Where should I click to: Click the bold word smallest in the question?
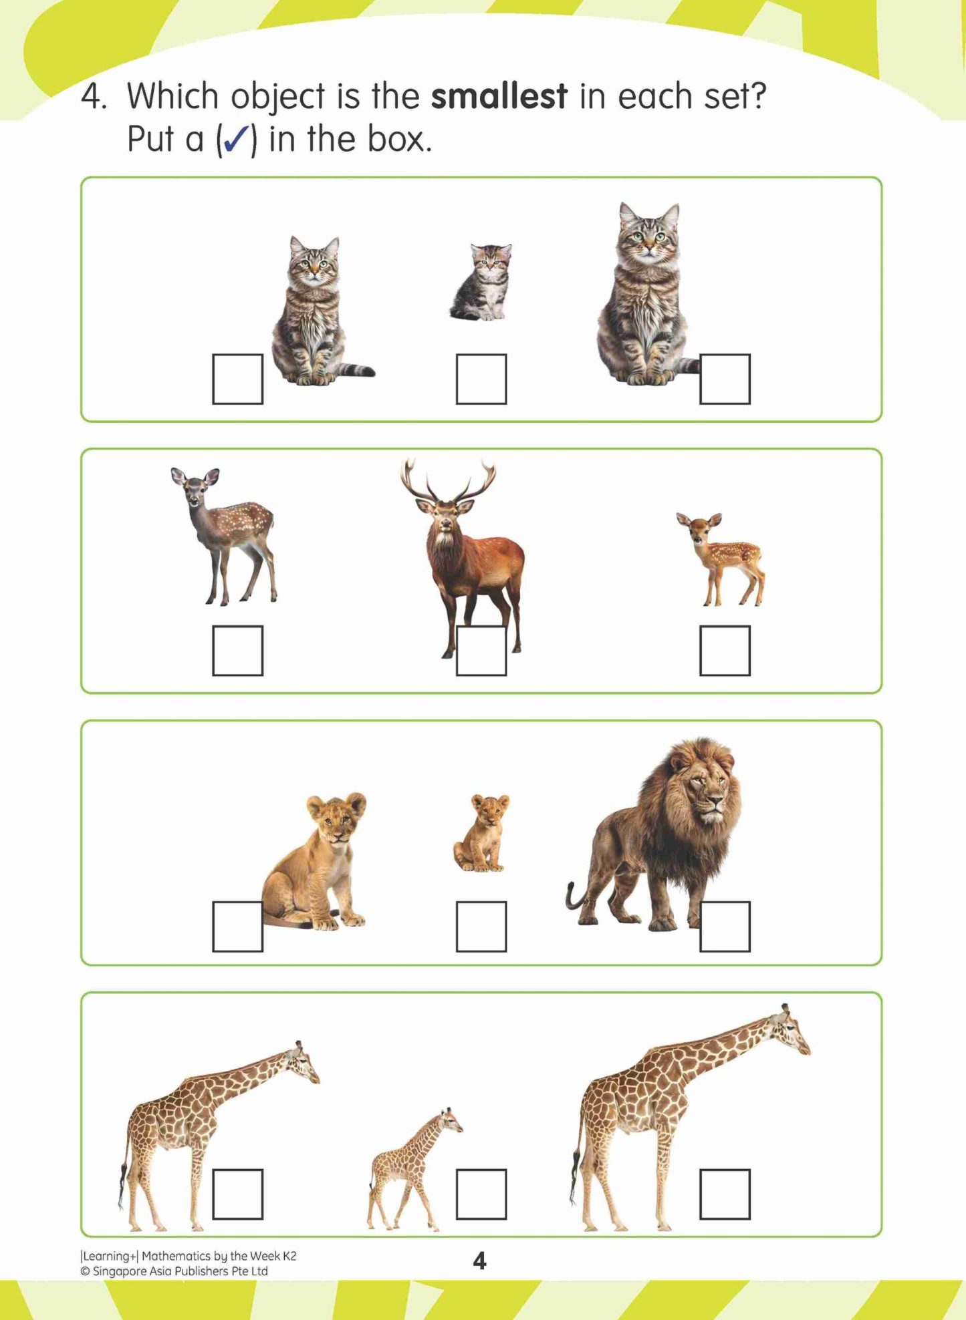coord(499,96)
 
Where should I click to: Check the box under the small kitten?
coord(481,379)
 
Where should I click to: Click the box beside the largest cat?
coord(725,379)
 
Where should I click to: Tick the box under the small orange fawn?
coord(725,651)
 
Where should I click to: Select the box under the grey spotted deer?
coord(237,651)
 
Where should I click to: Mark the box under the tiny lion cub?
coord(481,927)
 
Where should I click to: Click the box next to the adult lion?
coord(725,927)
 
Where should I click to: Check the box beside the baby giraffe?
coord(481,1194)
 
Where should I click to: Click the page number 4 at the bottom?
coord(479,1261)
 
